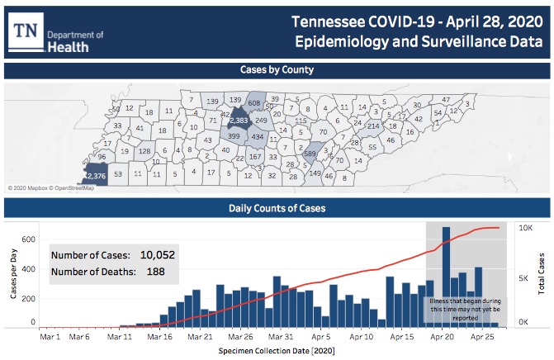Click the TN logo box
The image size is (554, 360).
[x=26, y=31]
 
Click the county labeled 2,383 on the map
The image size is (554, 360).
[x=239, y=121]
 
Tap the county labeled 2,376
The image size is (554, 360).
[x=95, y=174]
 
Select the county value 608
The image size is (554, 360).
[x=254, y=102]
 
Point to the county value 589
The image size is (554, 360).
[x=310, y=154]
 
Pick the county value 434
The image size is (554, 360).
[x=258, y=136]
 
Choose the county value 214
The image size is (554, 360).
[x=373, y=126]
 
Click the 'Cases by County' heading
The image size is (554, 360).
[x=276, y=70]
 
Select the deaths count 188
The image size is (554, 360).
[x=155, y=272]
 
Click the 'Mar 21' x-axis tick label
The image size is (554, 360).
[x=201, y=337]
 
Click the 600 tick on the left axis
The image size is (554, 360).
[x=28, y=240]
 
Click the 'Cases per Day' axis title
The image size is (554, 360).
[x=11, y=275]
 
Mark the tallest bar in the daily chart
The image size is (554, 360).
[x=447, y=277]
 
